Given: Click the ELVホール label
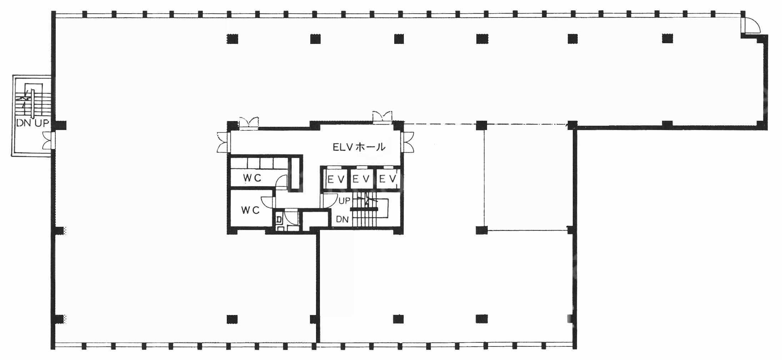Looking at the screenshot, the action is tap(359, 147).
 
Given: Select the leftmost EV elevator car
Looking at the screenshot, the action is tap(336, 179).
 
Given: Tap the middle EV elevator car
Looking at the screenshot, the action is tap(361, 179).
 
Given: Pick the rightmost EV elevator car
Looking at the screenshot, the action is tap(387, 179).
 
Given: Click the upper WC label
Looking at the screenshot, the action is tap(252, 177).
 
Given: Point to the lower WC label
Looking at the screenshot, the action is tap(250, 210).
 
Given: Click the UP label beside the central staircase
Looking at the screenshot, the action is tap(344, 201).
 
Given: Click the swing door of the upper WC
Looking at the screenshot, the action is tap(282, 181).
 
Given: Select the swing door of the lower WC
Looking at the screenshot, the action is tap(268, 202).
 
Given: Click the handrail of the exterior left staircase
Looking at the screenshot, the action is tap(32, 103).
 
